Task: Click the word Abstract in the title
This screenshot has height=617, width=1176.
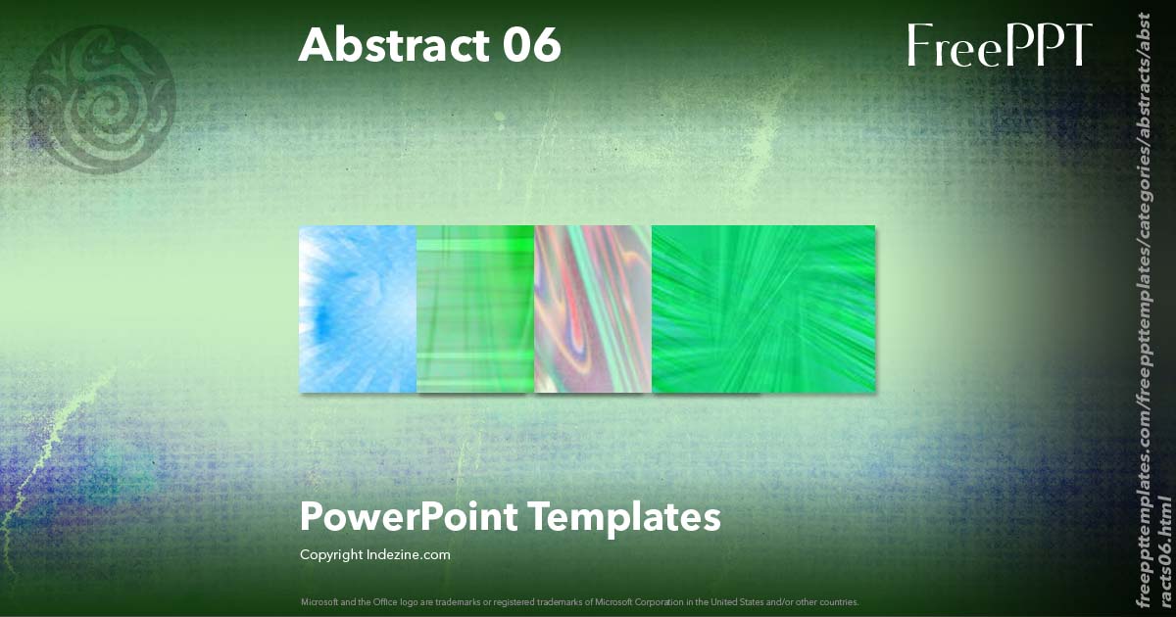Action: (x=388, y=45)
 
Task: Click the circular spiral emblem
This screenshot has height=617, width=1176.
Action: (x=101, y=98)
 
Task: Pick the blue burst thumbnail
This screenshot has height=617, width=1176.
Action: (x=358, y=308)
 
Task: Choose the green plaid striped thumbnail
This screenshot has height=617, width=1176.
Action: (x=475, y=308)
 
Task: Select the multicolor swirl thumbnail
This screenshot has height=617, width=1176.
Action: (x=593, y=308)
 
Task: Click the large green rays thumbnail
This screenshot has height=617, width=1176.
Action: (x=763, y=308)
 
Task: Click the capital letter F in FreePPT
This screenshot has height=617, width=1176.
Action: (x=919, y=45)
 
